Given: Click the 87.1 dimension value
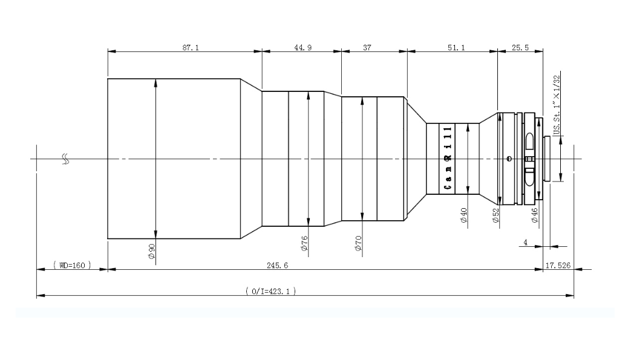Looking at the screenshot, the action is (x=191, y=48).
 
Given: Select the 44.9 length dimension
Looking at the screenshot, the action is (x=303, y=48).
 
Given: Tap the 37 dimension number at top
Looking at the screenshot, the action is (x=367, y=48).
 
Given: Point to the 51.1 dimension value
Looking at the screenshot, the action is (x=456, y=48).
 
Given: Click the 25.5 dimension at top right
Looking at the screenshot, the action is (x=520, y=48).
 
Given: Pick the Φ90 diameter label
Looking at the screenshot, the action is (x=151, y=251).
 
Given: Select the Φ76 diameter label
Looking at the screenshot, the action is (x=304, y=243).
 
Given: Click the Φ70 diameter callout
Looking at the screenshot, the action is (x=358, y=243).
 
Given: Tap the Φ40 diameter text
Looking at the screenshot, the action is (x=464, y=215).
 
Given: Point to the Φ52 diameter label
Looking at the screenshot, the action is (x=496, y=215).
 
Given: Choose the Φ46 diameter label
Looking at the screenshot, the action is (x=534, y=215).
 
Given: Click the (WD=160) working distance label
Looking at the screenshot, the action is (x=72, y=265).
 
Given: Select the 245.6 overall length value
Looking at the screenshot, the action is (x=277, y=265).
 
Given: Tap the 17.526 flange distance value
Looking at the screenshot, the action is (x=558, y=265).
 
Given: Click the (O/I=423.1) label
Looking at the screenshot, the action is (x=271, y=291).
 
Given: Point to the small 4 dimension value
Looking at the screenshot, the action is (x=525, y=242).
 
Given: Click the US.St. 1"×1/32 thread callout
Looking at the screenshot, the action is (x=556, y=105).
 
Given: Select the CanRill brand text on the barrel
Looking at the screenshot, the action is (x=448, y=158).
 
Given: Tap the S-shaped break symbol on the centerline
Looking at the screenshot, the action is (x=65, y=159).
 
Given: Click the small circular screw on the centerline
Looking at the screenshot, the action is (x=509, y=159).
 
